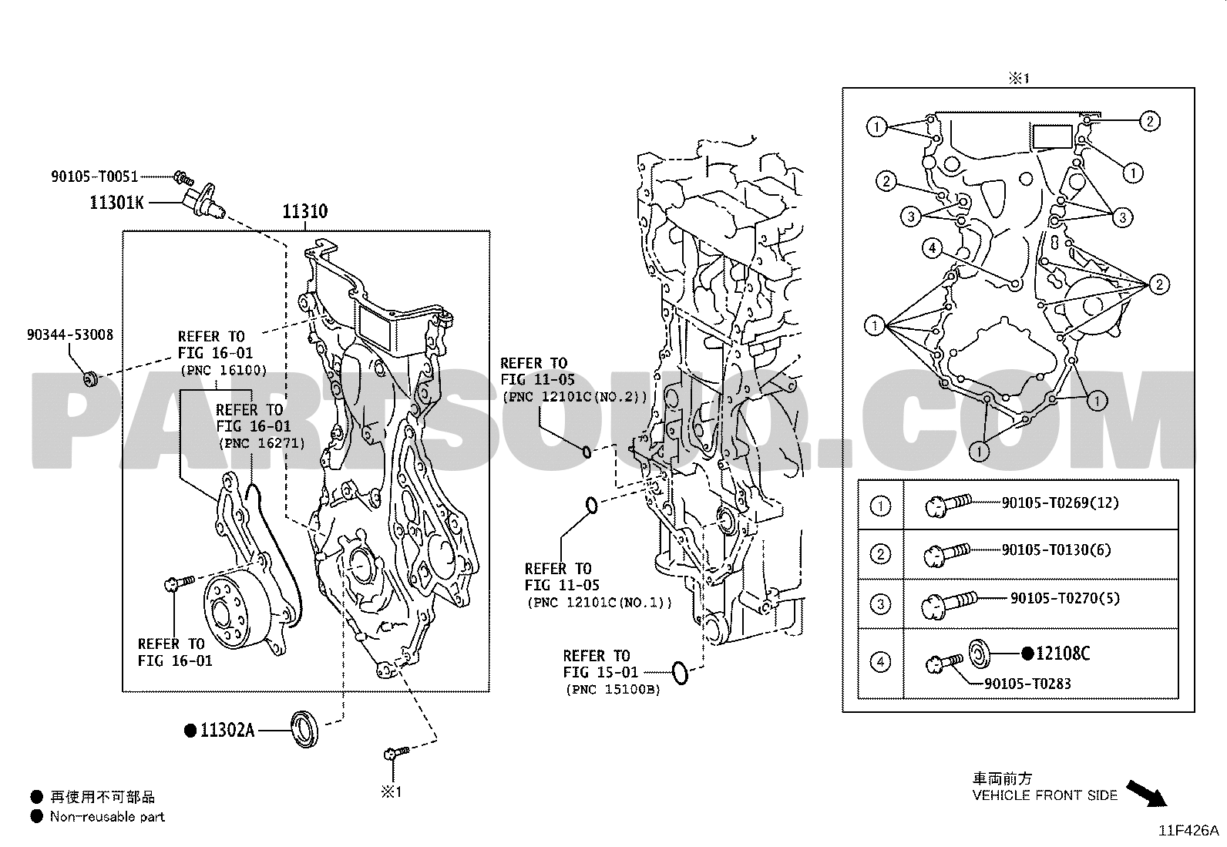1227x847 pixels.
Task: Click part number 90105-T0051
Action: [95, 176]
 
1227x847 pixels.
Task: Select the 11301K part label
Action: [116, 203]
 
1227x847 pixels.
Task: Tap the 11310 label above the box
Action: [304, 211]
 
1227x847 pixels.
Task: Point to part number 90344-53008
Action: [69, 334]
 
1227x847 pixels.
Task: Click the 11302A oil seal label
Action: [227, 730]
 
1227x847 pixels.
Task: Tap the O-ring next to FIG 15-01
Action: [679, 672]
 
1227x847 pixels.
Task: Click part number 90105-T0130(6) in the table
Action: [1055, 550]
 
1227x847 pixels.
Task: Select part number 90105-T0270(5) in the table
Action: [1064, 598]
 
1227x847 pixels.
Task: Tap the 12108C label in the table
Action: [1062, 654]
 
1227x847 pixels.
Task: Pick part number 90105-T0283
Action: [1027, 684]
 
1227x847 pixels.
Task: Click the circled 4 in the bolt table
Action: [880, 661]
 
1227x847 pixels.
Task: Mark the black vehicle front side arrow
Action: [1148, 792]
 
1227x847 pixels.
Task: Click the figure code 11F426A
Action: [1187, 831]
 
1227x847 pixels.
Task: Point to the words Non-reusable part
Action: [107, 816]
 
